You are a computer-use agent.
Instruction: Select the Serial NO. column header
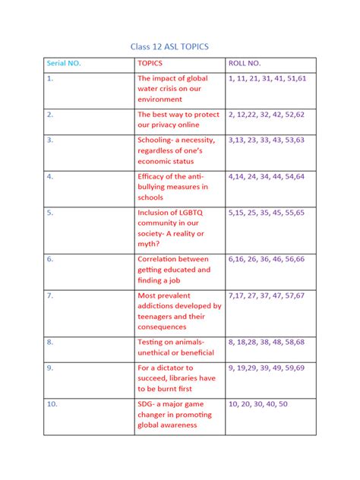pos(65,63)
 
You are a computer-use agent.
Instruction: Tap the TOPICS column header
pos(150,63)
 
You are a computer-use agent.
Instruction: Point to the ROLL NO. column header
pos(245,63)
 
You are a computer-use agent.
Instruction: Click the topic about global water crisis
pos(172,88)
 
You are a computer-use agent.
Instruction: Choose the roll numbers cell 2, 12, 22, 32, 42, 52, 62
pos(266,115)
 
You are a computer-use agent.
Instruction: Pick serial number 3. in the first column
pos(50,140)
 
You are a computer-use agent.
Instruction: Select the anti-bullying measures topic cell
pos(172,187)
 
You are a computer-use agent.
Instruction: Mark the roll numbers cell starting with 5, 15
pos(266,213)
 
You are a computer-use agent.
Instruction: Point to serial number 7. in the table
pos(50,295)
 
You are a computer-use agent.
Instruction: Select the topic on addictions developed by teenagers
pos(179,311)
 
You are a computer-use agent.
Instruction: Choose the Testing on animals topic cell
pos(175,347)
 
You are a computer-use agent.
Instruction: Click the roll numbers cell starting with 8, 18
pos(266,342)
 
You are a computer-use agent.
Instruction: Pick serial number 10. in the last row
pos(52,404)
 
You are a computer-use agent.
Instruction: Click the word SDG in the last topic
pos(146,404)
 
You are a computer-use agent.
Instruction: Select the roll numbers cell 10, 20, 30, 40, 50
pos(258,404)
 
